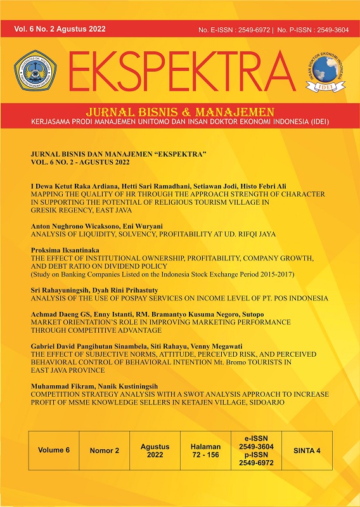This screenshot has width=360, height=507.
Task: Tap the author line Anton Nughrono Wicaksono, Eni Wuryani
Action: pyautogui.click(x=101, y=226)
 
